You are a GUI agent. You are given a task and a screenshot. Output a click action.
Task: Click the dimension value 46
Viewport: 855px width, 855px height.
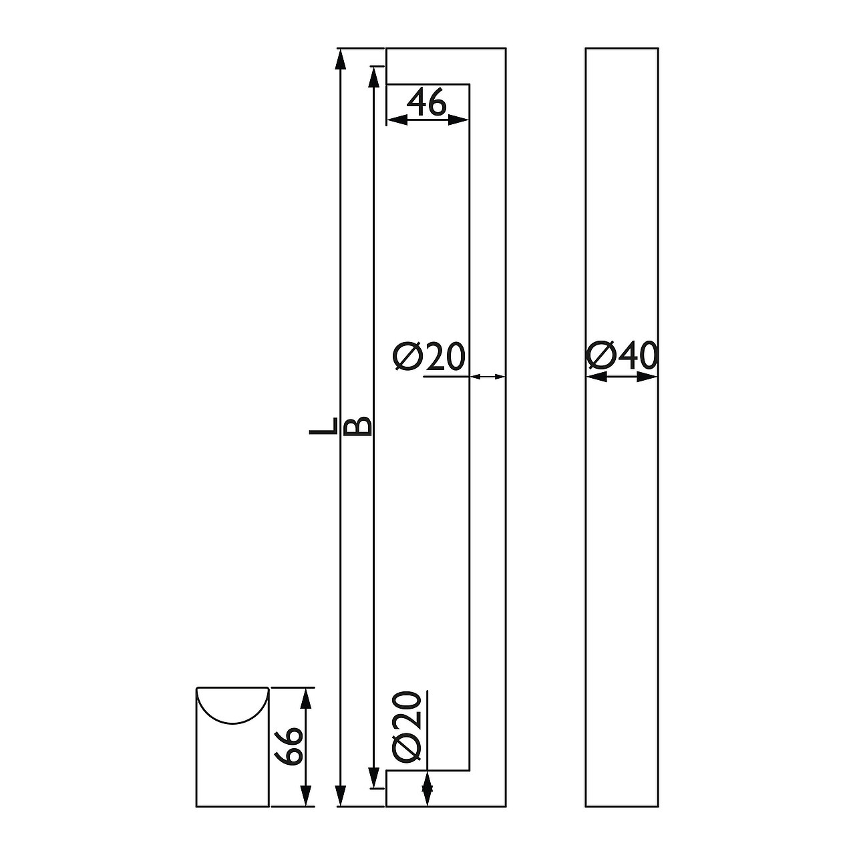[426, 102]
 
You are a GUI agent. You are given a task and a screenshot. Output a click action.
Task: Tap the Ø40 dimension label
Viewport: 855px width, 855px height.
[621, 355]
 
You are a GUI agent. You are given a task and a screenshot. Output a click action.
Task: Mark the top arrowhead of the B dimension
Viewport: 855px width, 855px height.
[373, 77]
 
